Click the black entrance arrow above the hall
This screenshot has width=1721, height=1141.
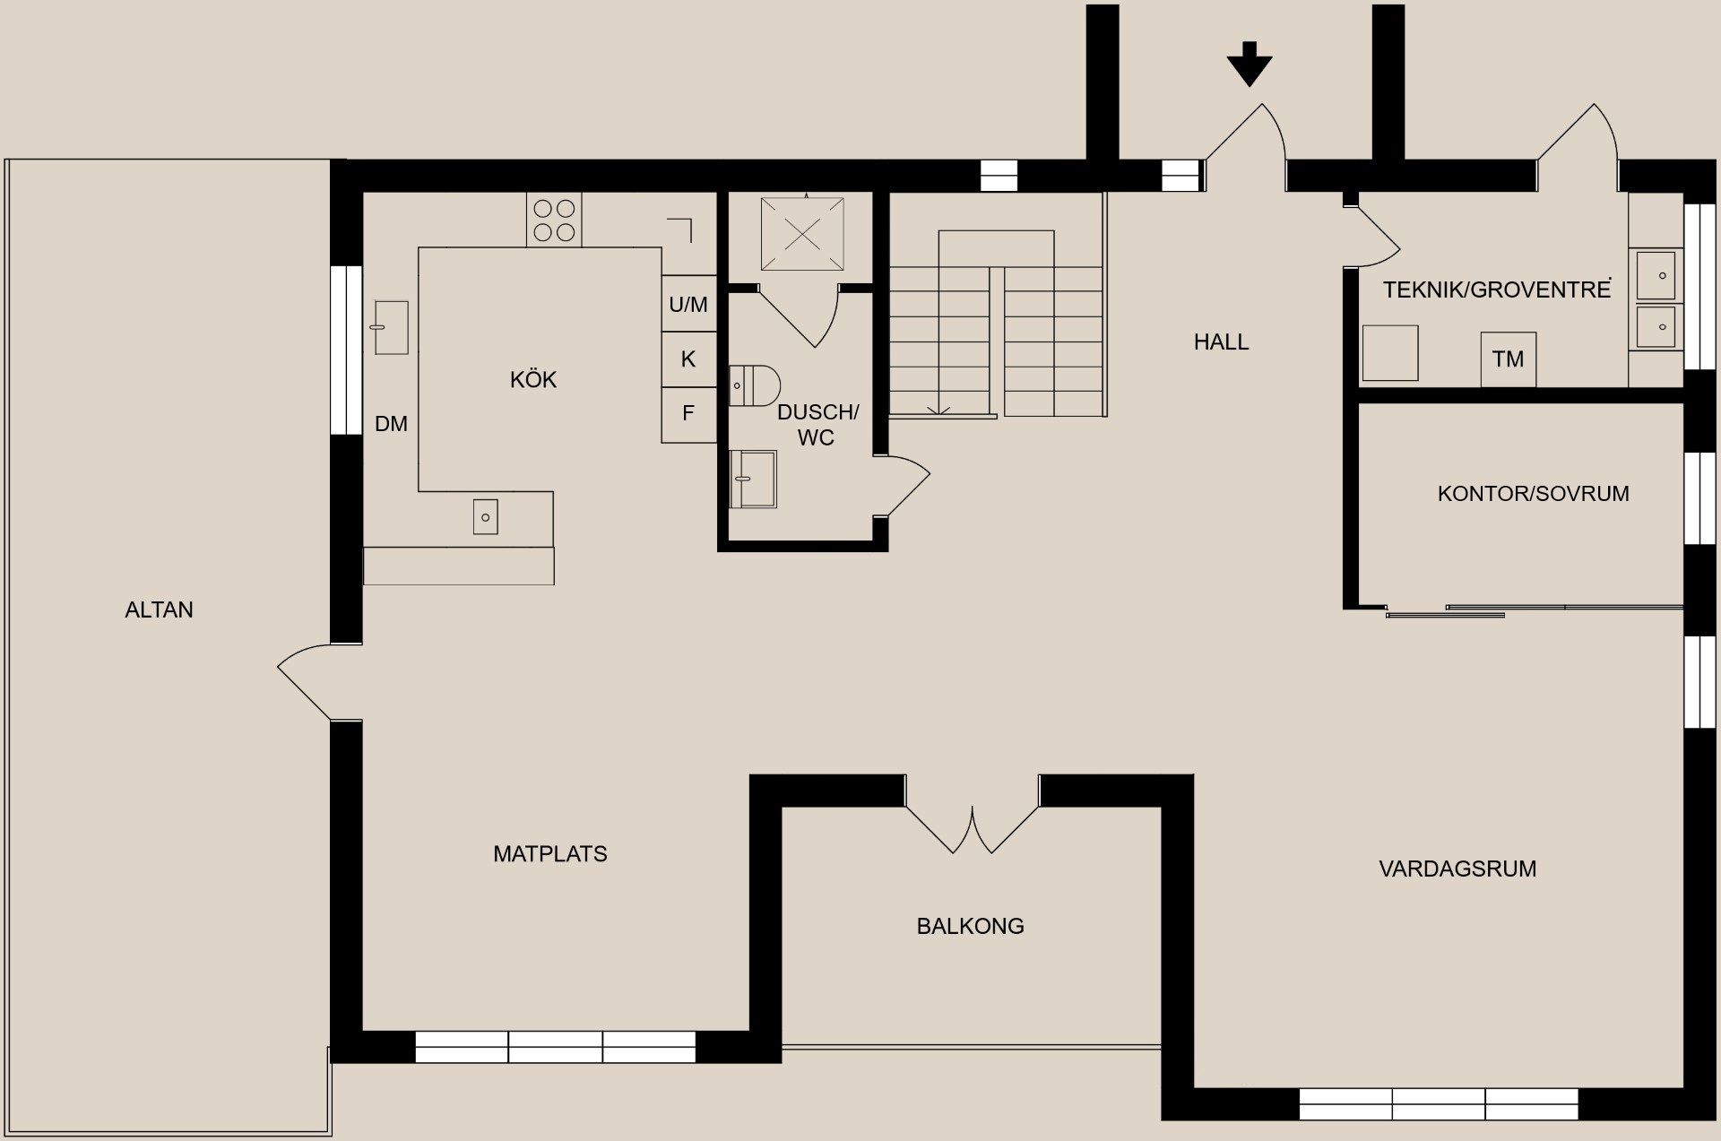[1249, 63]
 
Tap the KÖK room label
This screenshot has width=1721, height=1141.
[533, 380]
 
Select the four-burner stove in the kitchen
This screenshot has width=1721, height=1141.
[554, 220]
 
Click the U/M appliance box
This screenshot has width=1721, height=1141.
[688, 305]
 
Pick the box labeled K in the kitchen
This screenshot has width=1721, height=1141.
[688, 359]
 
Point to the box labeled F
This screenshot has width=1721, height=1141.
[688, 414]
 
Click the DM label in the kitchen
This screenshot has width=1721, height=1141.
[391, 424]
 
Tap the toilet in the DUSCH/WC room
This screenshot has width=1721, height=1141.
[753, 385]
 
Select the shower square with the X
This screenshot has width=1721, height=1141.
[802, 234]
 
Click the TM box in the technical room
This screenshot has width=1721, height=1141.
[1508, 359]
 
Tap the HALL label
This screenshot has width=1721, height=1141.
[1221, 342]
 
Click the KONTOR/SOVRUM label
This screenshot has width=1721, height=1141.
[1533, 494]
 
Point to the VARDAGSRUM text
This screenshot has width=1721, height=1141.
[1457, 869]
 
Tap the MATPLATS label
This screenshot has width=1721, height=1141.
[550, 854]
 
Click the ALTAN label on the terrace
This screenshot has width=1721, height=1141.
[159, 610]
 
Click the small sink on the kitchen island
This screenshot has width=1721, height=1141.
[485, 517]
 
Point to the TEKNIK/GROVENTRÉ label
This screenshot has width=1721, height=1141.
[1496, 290]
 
